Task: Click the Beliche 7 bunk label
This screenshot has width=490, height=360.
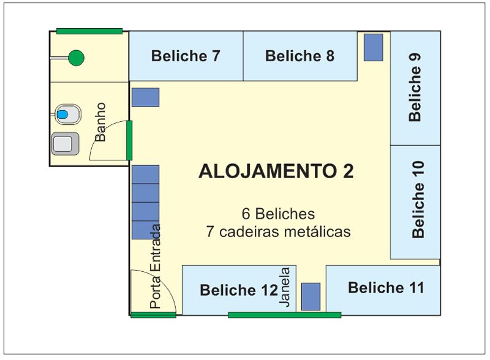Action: (x=186, y=56)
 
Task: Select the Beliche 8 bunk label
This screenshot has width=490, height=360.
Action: (x=300, y=56)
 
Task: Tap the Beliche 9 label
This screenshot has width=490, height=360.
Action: (x=415, y=88)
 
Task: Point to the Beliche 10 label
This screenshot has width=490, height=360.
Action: (x=418, y=200)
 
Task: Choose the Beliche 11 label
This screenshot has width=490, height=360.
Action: (x=386, y=288)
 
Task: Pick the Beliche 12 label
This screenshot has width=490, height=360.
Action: (x=239, y=290)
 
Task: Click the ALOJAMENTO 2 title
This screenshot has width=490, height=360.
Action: (x=276, y=171)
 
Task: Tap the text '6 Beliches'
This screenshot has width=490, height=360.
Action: (x=278, y=214)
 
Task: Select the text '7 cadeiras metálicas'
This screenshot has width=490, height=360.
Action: (x=278, y=232)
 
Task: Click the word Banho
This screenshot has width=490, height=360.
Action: (x=100, y=122)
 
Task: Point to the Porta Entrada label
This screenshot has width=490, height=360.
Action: (x=155, y=266)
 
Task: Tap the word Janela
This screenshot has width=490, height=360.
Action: (x=284, y=287)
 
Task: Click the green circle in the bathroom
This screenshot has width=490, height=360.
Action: (x=76, y=58)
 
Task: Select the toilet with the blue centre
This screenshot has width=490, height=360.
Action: (x=68, y=114)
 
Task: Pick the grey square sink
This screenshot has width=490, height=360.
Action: (x=65, y=144)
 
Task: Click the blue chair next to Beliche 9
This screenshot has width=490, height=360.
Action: (x=373, y=48)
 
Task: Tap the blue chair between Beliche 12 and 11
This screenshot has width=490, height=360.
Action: (x=311, y=296)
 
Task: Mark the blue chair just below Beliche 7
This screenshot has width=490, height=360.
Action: (x=145, y=97)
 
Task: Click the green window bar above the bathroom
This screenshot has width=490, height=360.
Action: (x=89, y=31)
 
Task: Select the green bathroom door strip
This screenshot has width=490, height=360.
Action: (x=129, y=140)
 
